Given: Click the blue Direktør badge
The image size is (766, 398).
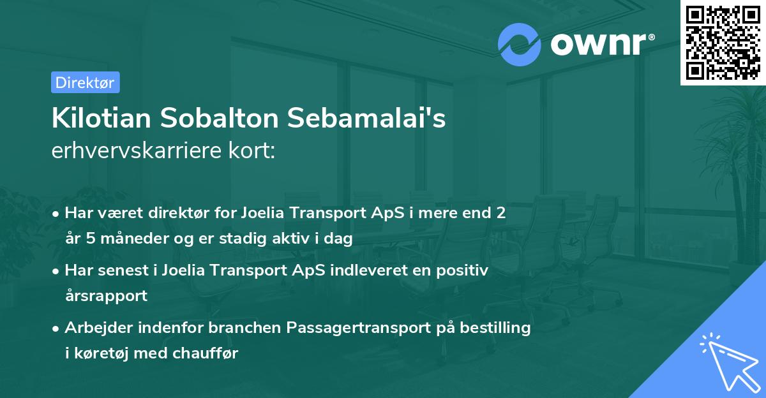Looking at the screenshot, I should (x=85, y=82).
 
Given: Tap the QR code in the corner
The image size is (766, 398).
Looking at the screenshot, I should (x=723, y=42).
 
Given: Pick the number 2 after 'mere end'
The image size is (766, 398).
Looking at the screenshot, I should (x=501, y=213).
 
